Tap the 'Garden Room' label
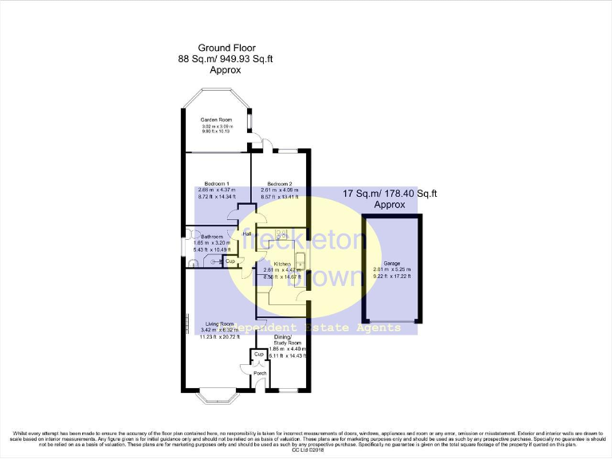(216, 120)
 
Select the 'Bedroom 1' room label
(217, 183)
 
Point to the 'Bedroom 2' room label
(280, 183)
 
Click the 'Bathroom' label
(212, 237)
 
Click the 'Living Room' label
(219, 324)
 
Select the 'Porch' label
(260, 372)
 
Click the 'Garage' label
(391, 263)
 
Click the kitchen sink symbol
(300, 261)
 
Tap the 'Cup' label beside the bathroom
(229, 261)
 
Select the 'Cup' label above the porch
(258, 354)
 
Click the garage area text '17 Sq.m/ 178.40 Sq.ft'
(390, 193)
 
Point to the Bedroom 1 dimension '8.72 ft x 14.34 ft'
(217, 196)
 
